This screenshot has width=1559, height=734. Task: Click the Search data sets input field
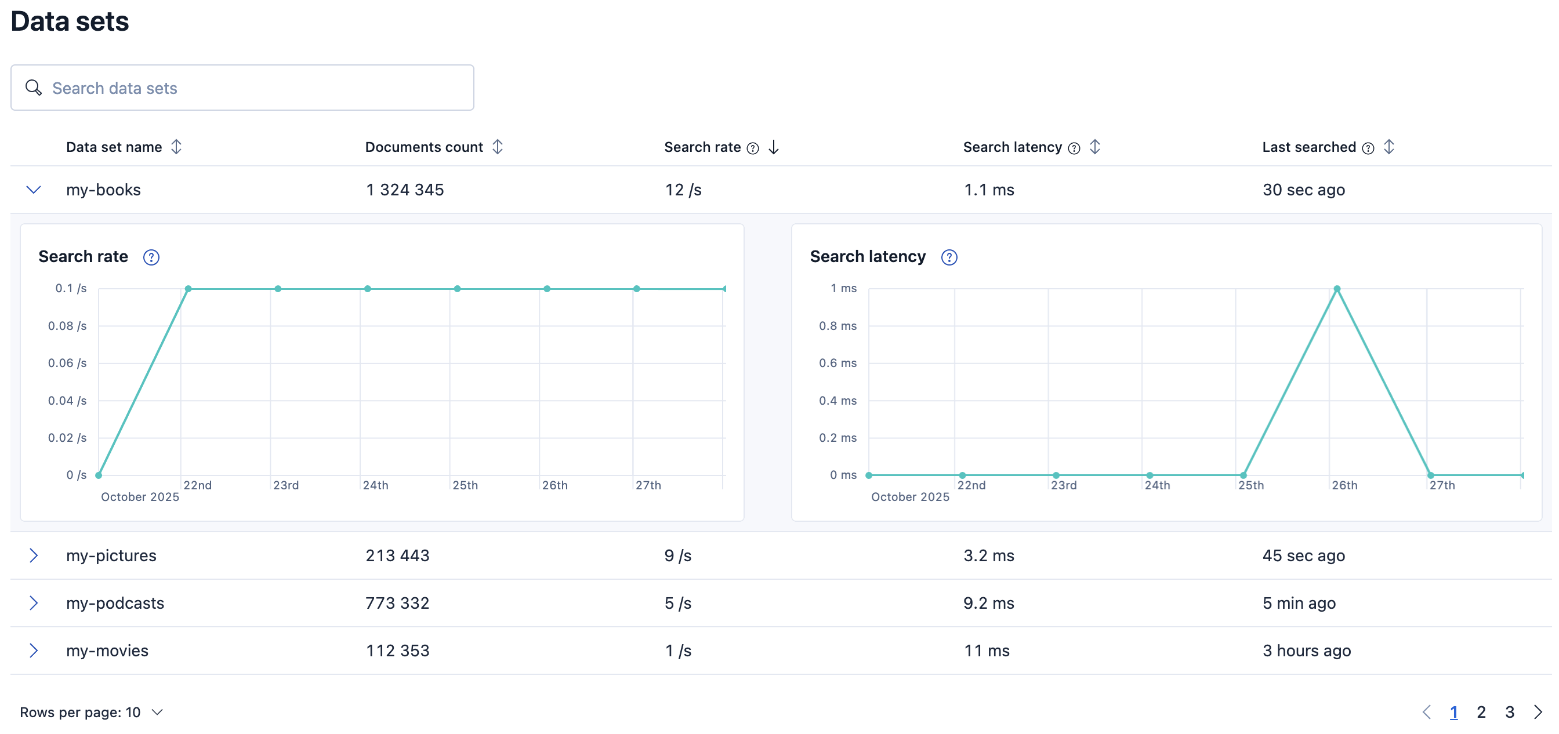[242, 88]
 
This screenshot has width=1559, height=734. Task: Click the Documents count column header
[423, 147]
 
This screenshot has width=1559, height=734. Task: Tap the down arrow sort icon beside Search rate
[774, 147]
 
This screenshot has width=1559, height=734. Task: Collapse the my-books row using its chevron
[34, 190]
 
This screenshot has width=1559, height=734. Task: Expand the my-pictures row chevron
[34, 555]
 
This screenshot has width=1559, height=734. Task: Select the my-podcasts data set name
[115, 604]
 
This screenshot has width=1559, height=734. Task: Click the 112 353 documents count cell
[397, 651]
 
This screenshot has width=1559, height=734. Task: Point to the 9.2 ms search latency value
[988, 604]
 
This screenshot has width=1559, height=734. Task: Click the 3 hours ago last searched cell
[1306, 651]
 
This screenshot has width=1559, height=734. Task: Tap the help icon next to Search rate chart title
[151, 257]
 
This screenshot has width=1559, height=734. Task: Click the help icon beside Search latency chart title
[949, 257]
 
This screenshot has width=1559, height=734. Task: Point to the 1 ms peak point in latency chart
[1337, 289]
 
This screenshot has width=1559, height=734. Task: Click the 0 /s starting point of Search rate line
[99, 475]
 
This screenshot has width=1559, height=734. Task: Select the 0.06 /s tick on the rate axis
[67, 363]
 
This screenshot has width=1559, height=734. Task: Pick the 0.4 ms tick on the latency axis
[837, 401]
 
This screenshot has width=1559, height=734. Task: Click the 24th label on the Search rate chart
[375, 485]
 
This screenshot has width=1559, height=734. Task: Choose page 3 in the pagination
[1509, 712]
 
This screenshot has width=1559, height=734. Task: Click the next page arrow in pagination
[1538, 712]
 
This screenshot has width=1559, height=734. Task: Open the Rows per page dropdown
[92, 712]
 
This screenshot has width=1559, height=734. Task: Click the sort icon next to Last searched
[1389, 147]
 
